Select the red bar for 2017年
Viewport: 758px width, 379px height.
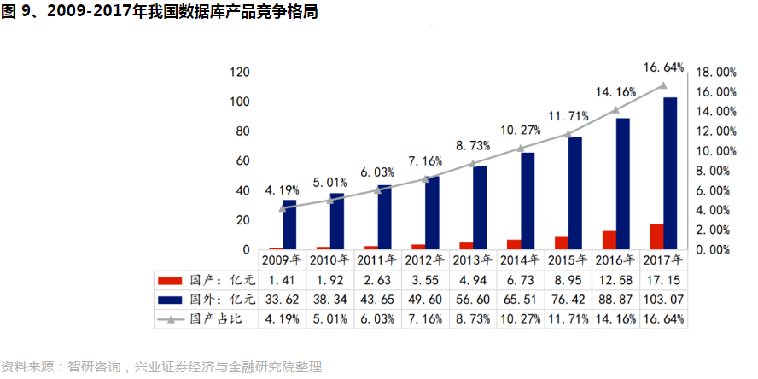tap(656, 237)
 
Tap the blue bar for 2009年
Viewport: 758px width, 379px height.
tap(290, 224)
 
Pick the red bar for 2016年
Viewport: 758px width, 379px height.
tap(609, 240)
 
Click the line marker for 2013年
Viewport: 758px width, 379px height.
tap(473, 163)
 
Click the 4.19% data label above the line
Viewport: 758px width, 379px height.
tap(282, 189)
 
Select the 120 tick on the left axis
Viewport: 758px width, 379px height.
tap(240, 73)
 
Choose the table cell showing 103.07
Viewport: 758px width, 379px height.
tap(663, 299)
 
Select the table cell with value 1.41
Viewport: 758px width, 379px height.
tap(282, 279)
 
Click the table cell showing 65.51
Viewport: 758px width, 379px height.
tap(521, 299)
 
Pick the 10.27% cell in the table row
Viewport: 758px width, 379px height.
tap(521, 319)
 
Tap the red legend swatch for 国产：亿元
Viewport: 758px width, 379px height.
tap(172, 280)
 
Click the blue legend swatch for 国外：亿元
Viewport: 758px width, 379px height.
tap(172, 300)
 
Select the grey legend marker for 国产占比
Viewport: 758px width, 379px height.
tap(172, 319)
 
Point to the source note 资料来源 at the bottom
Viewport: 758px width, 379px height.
tap(161, 367)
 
